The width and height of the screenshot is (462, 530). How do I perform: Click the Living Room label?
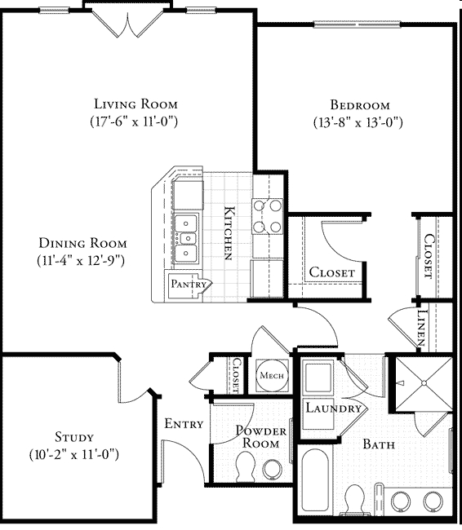coord(135,104)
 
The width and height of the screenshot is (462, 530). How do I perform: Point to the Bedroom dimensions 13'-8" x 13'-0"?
coord(359,122)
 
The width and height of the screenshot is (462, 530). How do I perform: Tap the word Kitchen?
coord(231,232)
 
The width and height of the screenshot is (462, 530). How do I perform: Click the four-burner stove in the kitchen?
coord(267,216)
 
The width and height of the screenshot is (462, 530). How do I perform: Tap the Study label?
coord(75,437)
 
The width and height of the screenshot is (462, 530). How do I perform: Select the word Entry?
coord(184,424)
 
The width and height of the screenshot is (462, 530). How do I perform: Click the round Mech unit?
coord(269,375)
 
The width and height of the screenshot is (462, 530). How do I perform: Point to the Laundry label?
coord(333,408)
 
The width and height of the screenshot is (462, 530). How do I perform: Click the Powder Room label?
coord(257,437)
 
